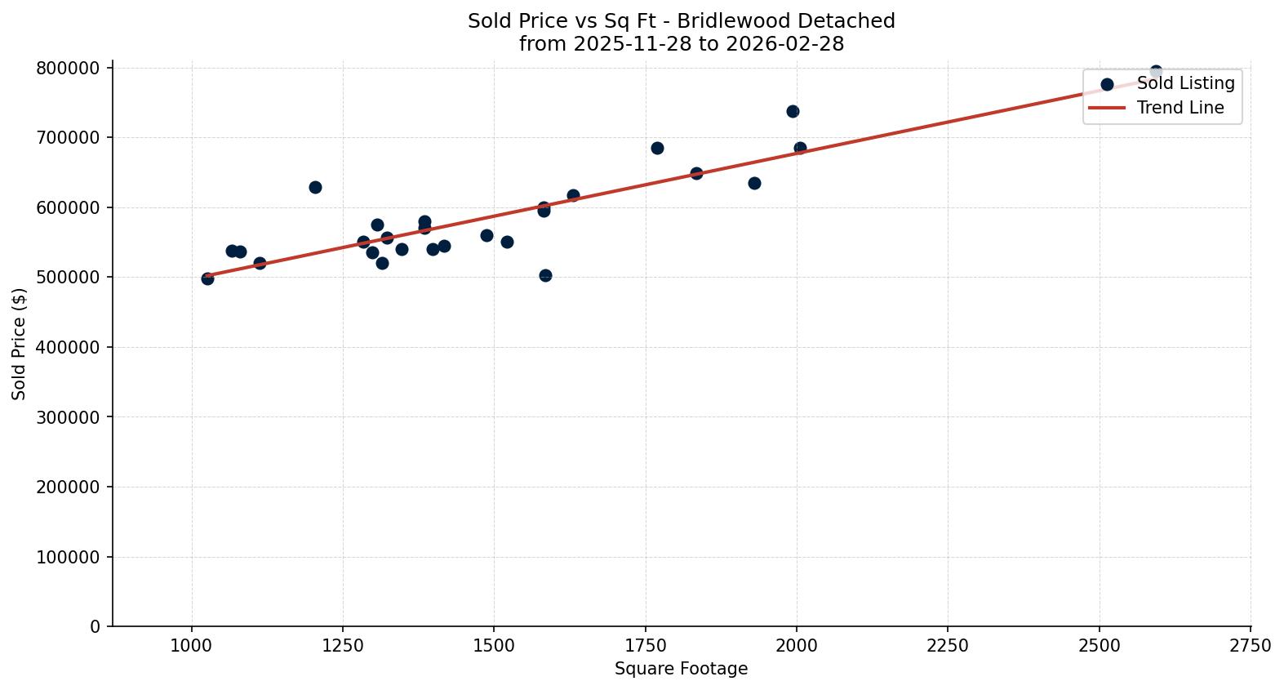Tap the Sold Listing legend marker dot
pyautogui.click(x=1107, y=84)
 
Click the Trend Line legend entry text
pyautogui.click(x=1180, y=108)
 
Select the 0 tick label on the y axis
pyautogui.click(x=96, y=627)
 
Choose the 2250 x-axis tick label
pyautogui.click(x=948, y=646)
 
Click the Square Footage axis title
pyautogui.click(x=681, y=670)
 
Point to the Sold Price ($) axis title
pyautogui.click(x=20, y=344)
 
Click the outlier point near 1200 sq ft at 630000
pyautogui.click(x=315, y=187)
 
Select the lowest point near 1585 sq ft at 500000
pyautogui.click(x=545, y=275)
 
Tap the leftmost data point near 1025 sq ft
pyautogui.click(x=207, y=278)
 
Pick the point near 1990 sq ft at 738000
pyautogui.click(x=793, y=111)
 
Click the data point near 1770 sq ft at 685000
pyautogui.click(x=657, y=148)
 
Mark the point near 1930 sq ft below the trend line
pyautogui.click(x=754, y=183)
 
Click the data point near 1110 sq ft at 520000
pyautogui.click(x=260, y=263)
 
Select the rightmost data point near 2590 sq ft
pyautogui.click(x=1156, y=72)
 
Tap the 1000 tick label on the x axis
pyautogui.click(x=192, y=646)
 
